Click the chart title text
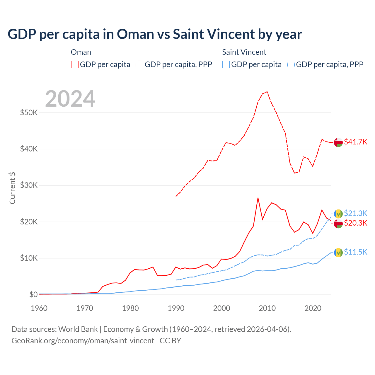(155, 34)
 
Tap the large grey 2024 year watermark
(70, 99)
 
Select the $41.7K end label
(355, 142)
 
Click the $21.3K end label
(355, 213)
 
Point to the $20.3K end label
(355, 223)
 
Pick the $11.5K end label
(355, 252)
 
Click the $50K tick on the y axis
(29, 112)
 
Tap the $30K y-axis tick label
(29, 185)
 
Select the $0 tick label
(33, 294)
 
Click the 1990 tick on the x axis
(176, 308)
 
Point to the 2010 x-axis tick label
(267, 308)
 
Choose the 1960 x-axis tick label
(39, 308)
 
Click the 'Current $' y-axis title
(12, 188)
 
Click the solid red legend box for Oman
(75, 64)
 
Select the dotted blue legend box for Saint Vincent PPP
(291, 64)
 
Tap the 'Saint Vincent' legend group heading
(244, 52)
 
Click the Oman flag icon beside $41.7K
(338, 142)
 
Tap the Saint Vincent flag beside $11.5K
(338, 252)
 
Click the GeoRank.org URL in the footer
(83, 341)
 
